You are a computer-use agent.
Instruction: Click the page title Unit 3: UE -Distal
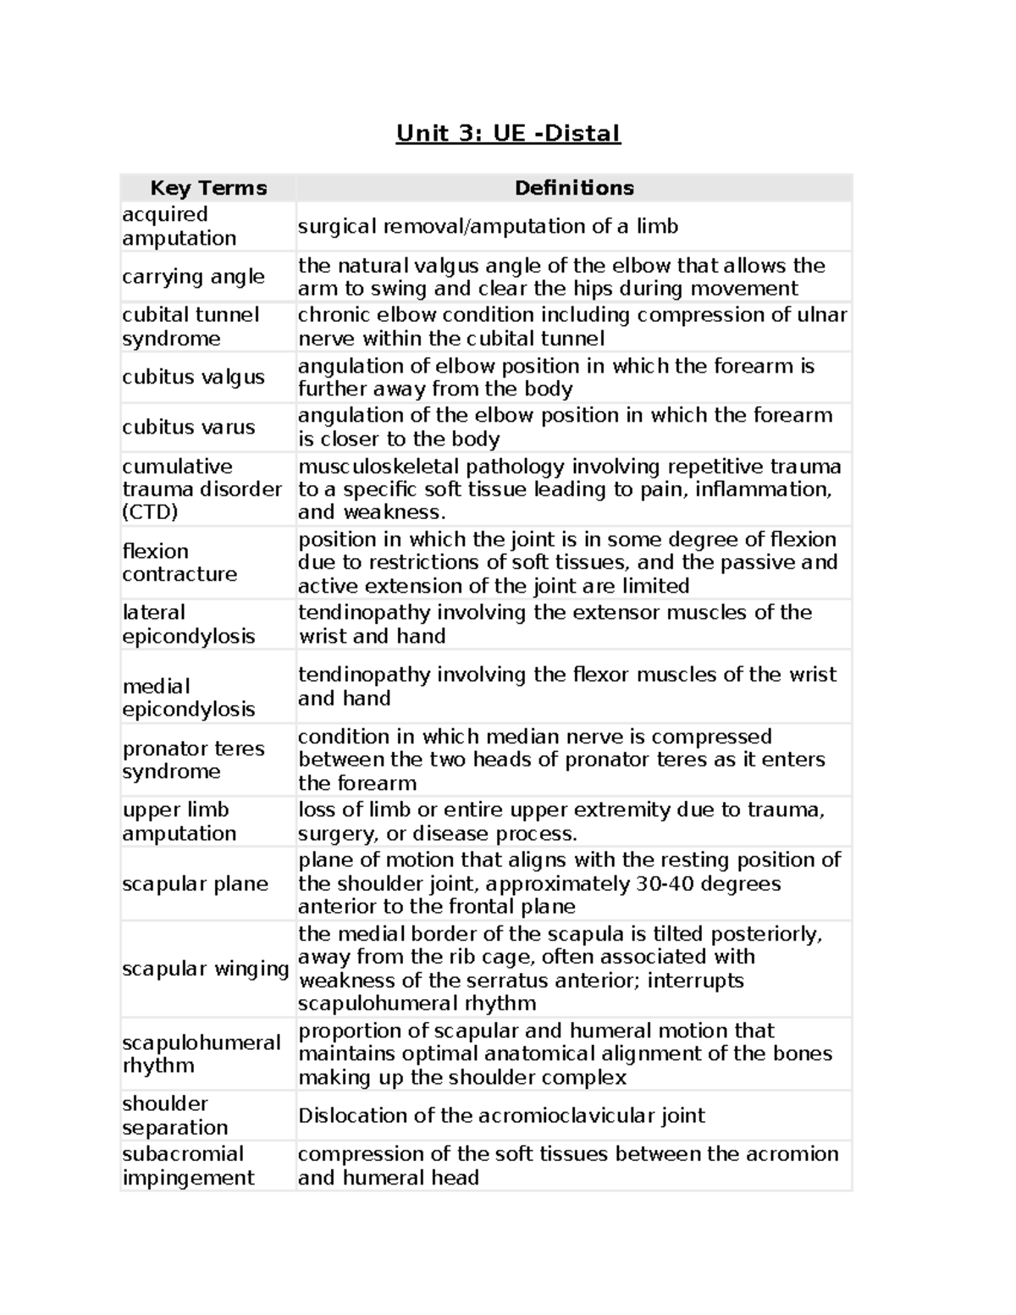pos(508,134)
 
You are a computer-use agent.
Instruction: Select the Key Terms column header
pos(208,188)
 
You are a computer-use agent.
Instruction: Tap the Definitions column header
pos(574,188)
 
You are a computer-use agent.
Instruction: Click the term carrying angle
pos(193,277)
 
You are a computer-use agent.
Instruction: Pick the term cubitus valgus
pos(193,377)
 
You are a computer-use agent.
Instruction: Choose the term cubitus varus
pos(188,427)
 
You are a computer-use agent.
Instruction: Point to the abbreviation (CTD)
pos(150,512)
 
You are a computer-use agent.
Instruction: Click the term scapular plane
pos(195,884)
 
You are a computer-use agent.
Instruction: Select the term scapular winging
pos(206,969)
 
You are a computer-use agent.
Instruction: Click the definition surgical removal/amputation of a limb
pos(488,227)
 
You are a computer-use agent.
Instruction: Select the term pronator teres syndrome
pos(193,760)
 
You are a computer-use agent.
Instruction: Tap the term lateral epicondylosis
pos(188,624)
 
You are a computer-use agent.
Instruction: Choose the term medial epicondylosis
pos(188,698)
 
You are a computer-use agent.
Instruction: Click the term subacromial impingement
pos(188,1166)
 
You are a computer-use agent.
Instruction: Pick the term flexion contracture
pos(179,562)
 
